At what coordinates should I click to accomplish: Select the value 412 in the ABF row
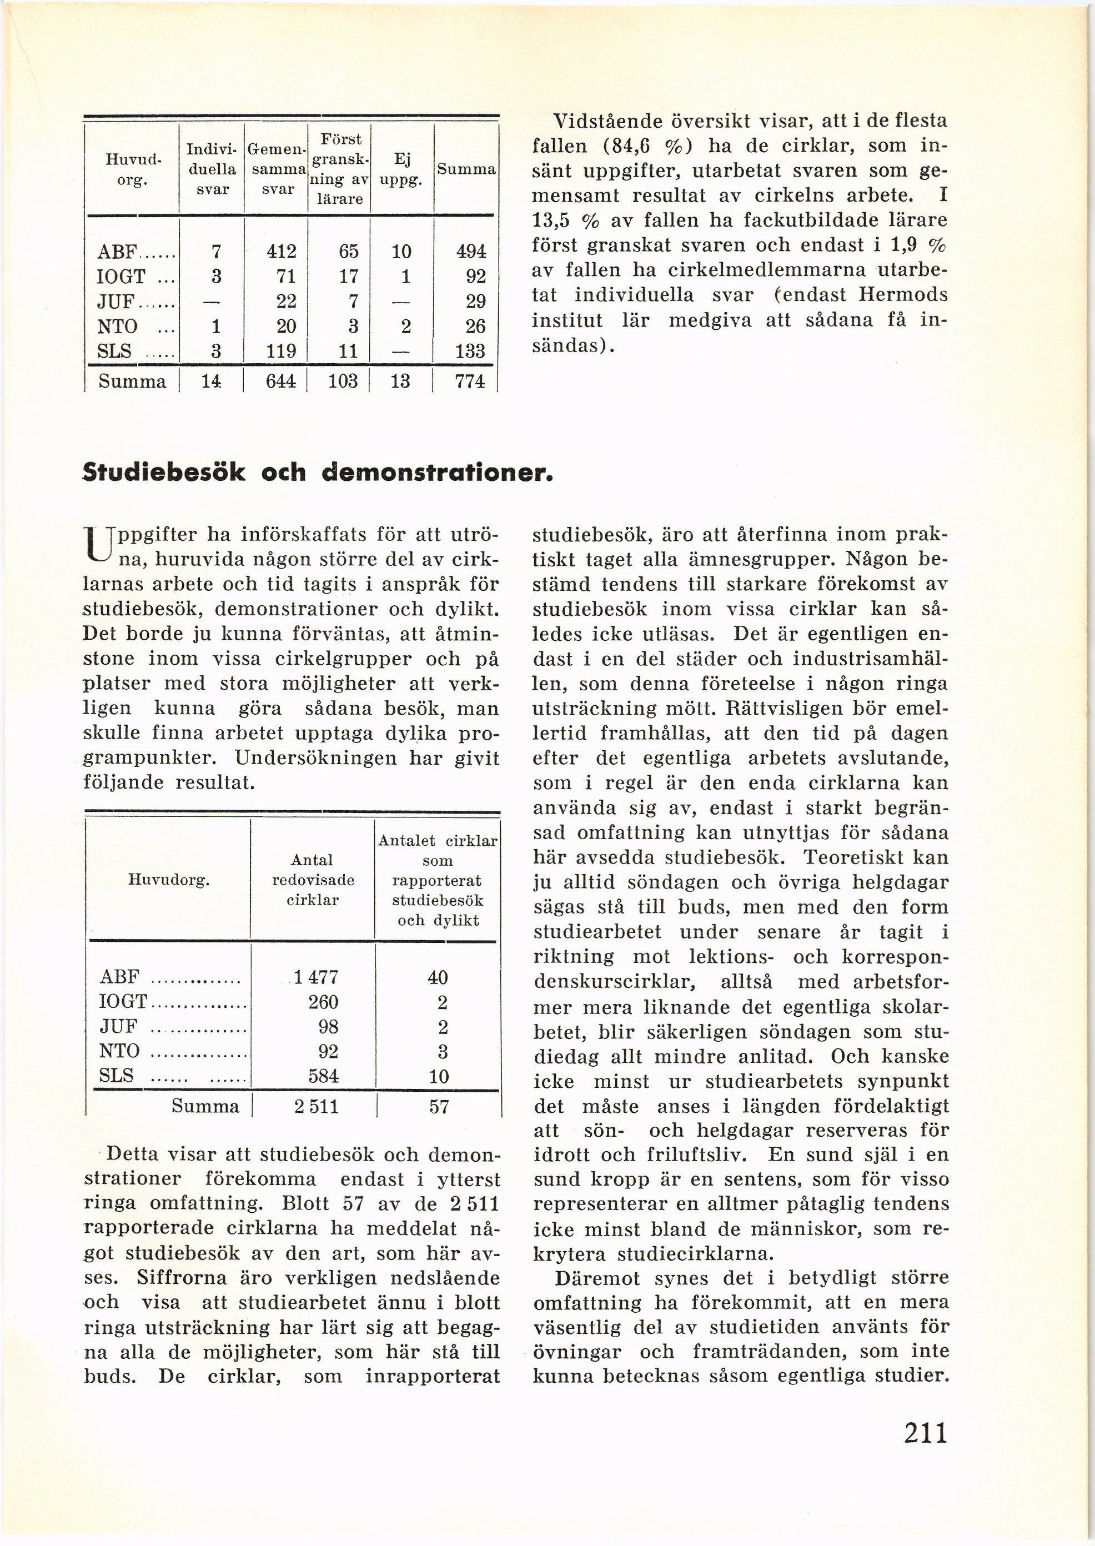coord(281,252)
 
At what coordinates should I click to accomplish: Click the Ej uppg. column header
coord(402,169)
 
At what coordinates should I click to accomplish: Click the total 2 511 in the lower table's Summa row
coord(315,1106)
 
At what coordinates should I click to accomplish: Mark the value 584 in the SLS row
coord(323,1076)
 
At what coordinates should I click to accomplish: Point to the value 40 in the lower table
coord(438,977)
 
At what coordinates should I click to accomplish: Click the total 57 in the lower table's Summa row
coord(438,1106)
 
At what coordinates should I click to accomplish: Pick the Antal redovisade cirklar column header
coord(312,880)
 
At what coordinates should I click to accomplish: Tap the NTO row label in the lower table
coord(119,1051)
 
